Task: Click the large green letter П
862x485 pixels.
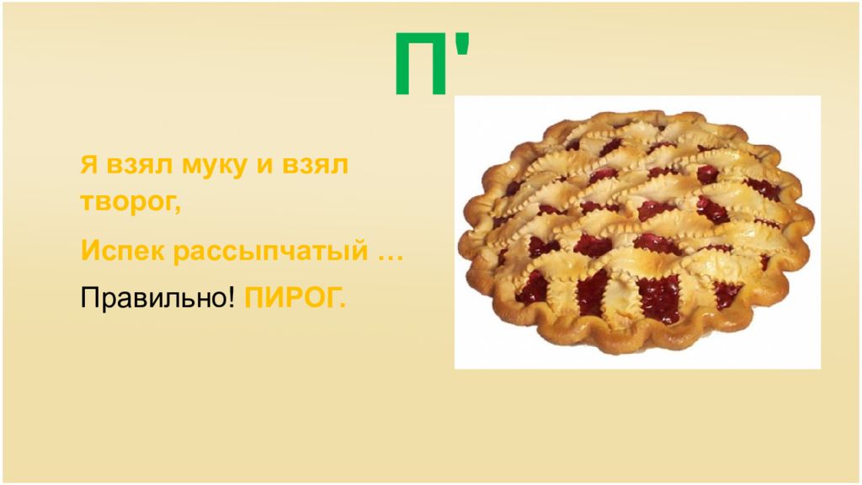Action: pyautogui.click(x=422, y=65)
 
